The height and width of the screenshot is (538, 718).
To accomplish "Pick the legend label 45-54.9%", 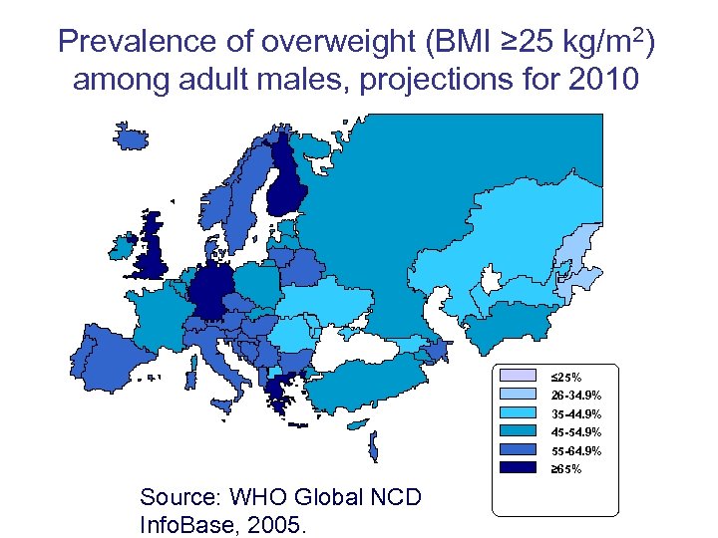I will (575, 431).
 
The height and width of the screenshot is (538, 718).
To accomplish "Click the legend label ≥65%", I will (566, 468).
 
